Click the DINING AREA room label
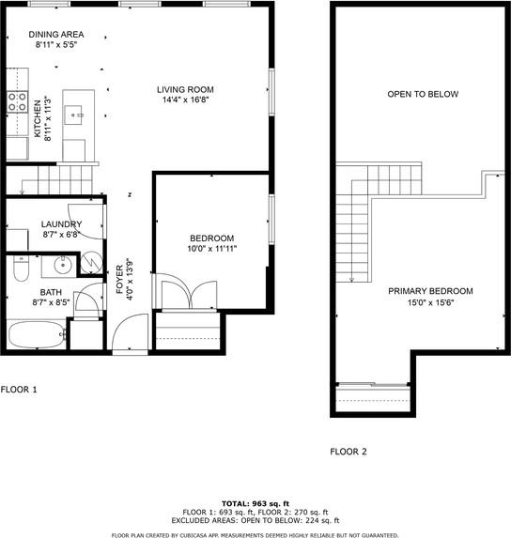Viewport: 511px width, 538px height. click(56, 35)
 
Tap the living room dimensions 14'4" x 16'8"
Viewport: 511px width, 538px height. click(186, 100)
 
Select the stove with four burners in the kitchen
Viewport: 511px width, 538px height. click(17, 102)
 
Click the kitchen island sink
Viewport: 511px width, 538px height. click(73, 115)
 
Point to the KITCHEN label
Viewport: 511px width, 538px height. click(38, 118)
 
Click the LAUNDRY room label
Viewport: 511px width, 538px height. click(61, 224)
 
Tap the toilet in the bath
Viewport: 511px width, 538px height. click(22, 269)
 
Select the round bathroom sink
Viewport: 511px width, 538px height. click(63, 265)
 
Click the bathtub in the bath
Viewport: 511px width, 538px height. click(37, 335)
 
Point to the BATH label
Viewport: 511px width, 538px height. click(51, 292)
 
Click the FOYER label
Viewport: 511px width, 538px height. click(119, 279)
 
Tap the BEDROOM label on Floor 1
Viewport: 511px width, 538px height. click(212, 238)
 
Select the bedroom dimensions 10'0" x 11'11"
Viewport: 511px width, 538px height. click(212, 249)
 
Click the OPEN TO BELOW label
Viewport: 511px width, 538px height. click(423, 94)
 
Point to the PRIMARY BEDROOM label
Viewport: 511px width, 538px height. click(430, 291)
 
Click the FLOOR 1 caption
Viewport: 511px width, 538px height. click(19, 390)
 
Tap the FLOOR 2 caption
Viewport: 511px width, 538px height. click(348, 452)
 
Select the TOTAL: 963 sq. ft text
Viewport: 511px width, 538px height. click(255, 503)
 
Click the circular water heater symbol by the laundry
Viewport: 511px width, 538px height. click(92, 263)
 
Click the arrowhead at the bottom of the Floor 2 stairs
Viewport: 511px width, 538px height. click(351, 280)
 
